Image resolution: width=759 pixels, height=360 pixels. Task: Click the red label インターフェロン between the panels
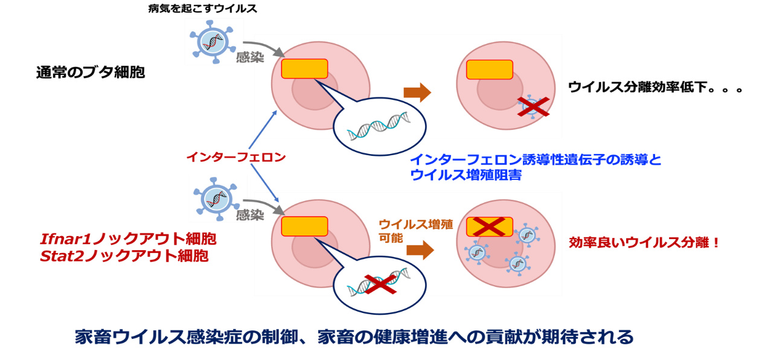coord(235,158)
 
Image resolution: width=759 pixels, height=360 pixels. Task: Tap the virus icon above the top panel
coord(214,41)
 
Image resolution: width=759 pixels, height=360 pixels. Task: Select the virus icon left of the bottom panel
coord(218,198)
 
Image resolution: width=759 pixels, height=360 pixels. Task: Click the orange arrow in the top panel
coord(417,92)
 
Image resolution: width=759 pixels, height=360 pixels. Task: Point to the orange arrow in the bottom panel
coord(420,249)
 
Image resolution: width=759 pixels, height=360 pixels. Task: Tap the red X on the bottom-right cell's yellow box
coord(490,227)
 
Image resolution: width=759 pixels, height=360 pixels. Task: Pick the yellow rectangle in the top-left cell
coord(304,69)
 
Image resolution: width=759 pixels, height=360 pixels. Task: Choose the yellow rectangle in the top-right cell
coord(490,69)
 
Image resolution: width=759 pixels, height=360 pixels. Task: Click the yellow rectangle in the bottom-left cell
coord(304,226)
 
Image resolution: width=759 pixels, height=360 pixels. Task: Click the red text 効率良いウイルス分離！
coord(644,243)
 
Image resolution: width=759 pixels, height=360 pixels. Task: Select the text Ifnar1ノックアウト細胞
coord(127,239)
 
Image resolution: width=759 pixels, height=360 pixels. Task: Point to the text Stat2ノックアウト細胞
coord(124,256)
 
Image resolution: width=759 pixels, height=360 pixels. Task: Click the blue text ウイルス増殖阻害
coord(466,175)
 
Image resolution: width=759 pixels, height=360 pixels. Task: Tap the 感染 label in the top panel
coord(250,58)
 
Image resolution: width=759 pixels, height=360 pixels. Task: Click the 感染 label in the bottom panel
coord(250,215)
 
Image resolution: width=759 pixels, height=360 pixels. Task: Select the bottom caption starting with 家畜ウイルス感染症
coord(354,336)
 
